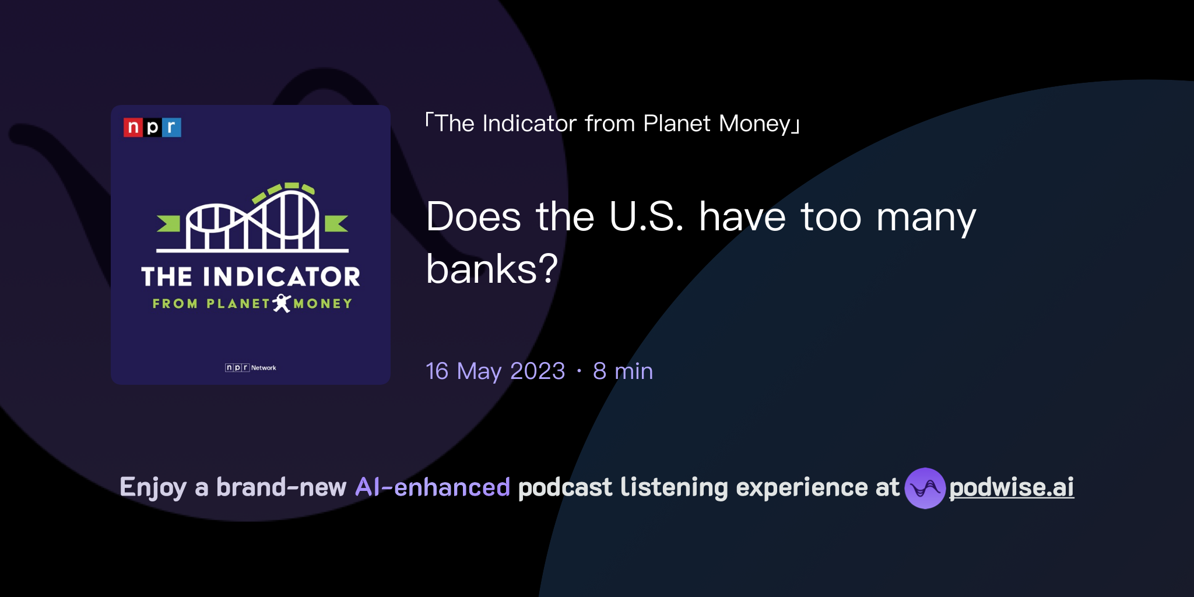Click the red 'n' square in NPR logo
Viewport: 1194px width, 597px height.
click(133, 127)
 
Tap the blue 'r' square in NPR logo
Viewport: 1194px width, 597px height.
click(172, 127)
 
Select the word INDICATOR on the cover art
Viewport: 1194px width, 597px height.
click(282, 277)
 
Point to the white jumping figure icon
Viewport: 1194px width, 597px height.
click(282, 303)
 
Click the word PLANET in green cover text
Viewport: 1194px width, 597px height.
click(238, 304)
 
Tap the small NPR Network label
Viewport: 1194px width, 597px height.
click(251, 368)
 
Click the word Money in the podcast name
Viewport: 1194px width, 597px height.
click(754, 124)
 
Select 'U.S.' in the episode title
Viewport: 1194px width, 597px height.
click(646, 217)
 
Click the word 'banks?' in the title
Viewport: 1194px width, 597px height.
click(492, 269)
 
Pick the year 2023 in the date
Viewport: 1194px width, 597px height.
click(537, 371)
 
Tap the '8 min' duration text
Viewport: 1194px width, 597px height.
click(623, 371)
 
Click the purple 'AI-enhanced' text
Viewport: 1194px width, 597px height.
click(433, 487)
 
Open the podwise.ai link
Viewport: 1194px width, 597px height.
click(1012, 487)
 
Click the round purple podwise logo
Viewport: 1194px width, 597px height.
click(925, 488)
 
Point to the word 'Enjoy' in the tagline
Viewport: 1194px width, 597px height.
click(153, 487)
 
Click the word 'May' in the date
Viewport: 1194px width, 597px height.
click(479, 371)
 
